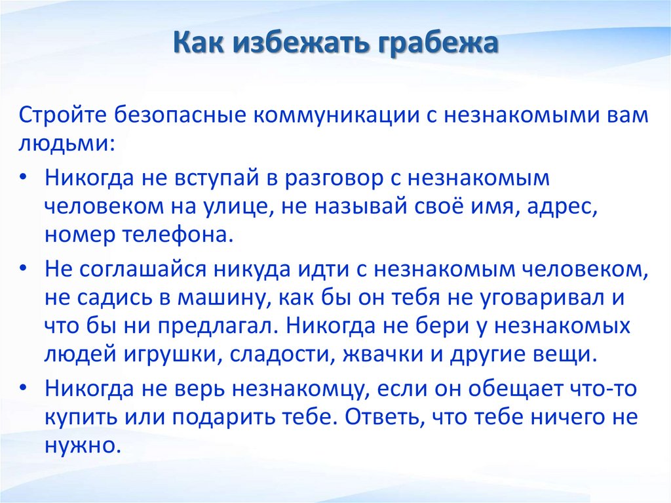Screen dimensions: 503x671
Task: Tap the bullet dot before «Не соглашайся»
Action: point(24,269)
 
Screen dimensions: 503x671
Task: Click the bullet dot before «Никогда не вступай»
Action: point(24,177)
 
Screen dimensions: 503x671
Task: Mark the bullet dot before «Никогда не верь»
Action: point(24,387)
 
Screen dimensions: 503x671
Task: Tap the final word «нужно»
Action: point(80,446)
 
